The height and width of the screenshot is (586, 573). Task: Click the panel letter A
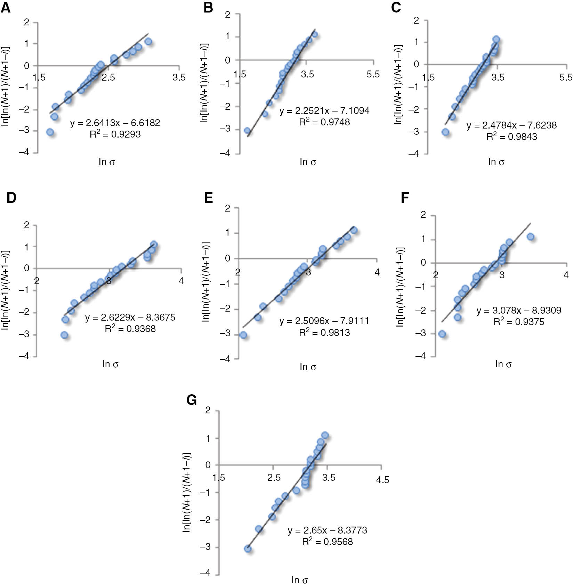[x=6, y=8]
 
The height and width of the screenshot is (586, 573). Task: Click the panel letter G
[x=192, y=400]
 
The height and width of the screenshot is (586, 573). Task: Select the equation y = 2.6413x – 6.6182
[x=115, y=123]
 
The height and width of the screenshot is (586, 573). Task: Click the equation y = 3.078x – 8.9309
[x=519, y=310]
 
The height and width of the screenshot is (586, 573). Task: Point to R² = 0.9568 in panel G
[x=327, y=542]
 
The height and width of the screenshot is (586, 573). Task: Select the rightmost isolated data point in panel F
[x=530, y=237]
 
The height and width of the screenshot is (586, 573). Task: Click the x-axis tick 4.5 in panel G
[x=382, y=480]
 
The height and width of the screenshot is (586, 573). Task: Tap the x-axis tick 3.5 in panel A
[x=179, y=77]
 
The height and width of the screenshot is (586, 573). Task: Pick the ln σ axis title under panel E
[x=308, y=367]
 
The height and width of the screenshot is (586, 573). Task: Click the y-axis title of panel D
[x=5, y=290]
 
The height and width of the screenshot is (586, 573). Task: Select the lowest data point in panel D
[x=64, y=335]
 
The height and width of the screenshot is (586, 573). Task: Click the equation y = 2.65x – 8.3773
[x=327, y=530]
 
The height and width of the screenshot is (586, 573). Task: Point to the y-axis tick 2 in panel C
[x=416, y=20]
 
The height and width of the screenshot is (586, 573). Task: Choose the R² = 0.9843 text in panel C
[x=511, y=137]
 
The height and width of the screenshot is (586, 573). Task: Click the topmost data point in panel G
[x=325, y=435]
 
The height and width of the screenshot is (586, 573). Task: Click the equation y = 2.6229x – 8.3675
[x=130, y=317]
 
